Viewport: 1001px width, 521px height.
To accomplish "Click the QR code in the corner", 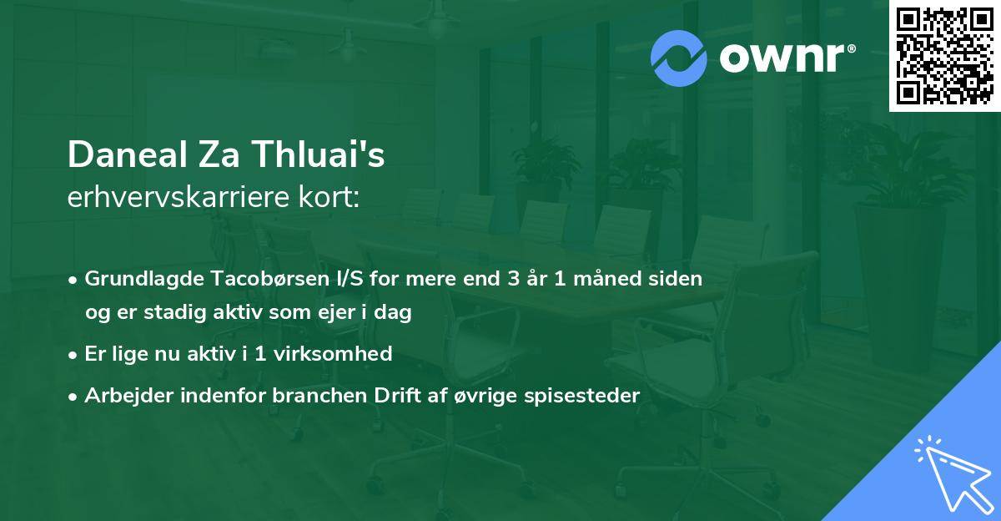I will coord(945,55).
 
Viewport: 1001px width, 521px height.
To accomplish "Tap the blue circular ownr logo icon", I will coord(678,58).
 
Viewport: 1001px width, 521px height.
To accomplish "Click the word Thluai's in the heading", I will coord(321,155).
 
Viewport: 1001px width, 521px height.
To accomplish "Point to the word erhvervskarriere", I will coord(180,197).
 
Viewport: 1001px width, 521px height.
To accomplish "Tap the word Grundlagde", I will coord(138,278).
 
